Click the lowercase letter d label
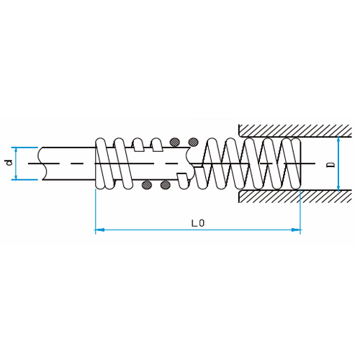(9, 163)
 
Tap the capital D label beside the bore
(332, 165)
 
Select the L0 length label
(198, 223)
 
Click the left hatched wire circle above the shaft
(174, 142)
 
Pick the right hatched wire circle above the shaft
(194, 142)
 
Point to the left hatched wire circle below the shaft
(147, 185)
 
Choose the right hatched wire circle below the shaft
(166, 185)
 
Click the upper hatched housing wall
(295, 131)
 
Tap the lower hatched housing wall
(295, 197)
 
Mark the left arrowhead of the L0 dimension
(99, 230)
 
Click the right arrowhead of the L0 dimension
(296, 230)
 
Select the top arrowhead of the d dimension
(16, 150)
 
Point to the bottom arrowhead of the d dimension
(16, 176)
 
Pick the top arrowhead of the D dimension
(338, 140)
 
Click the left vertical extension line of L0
(96, 211)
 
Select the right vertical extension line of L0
(300, 211)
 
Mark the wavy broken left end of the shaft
(42, 163)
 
